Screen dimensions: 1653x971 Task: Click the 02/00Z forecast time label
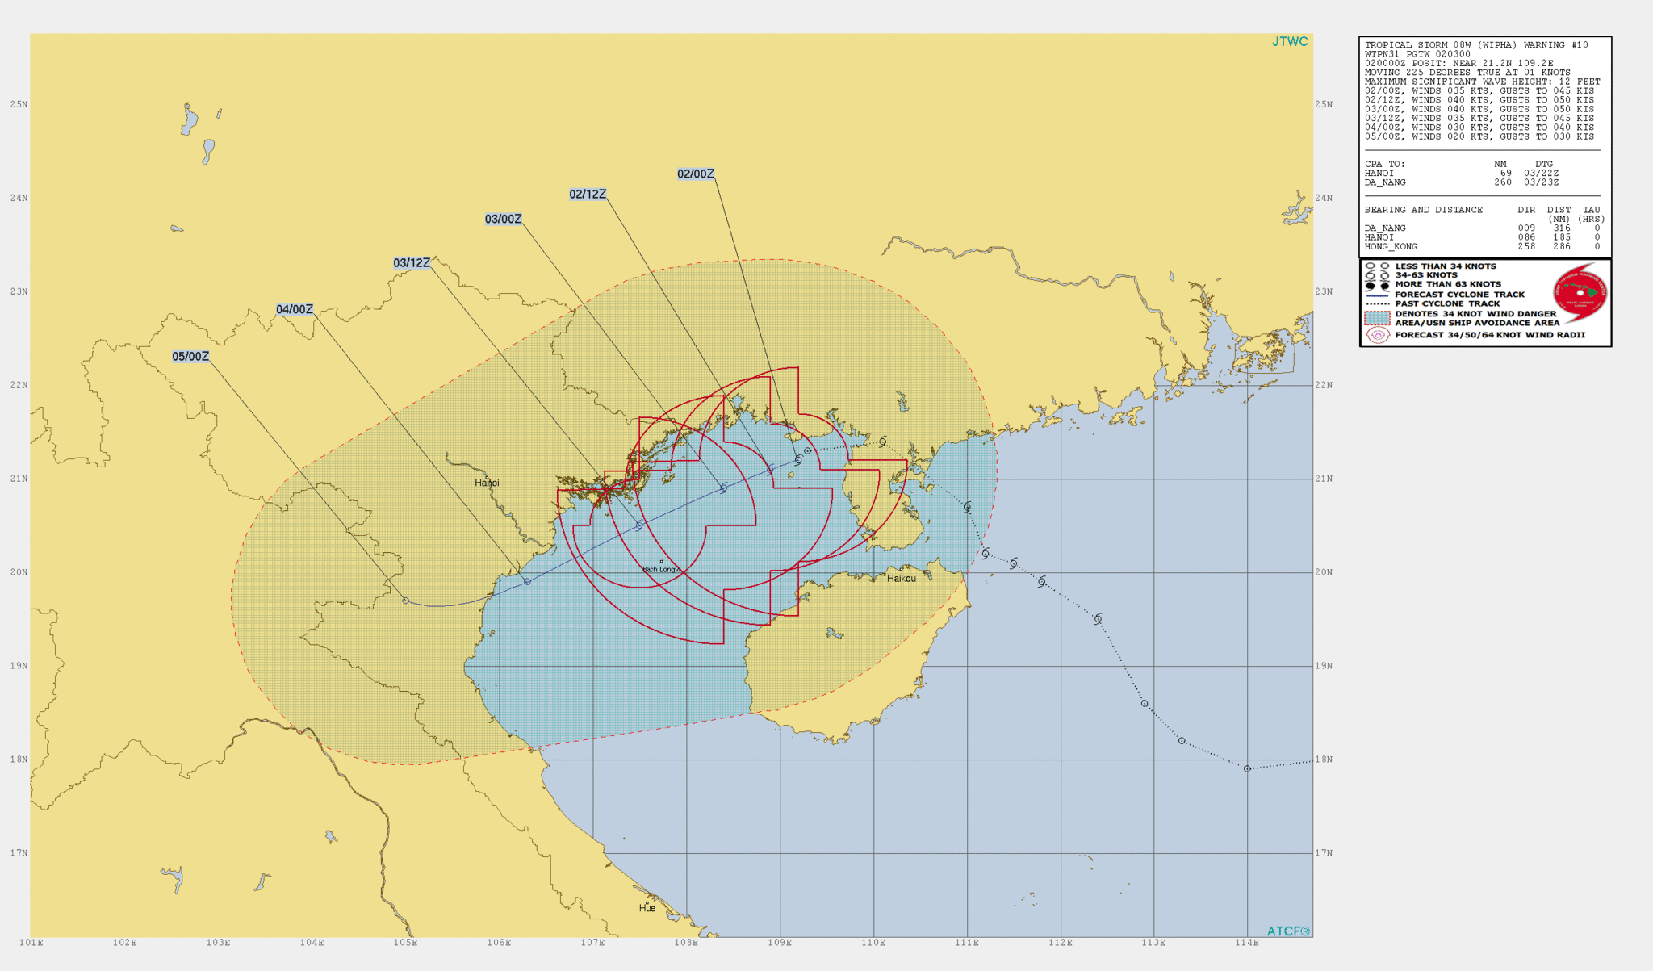[695, 174]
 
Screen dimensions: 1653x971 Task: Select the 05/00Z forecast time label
[190, 357]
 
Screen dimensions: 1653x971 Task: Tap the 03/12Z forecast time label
[412, 263]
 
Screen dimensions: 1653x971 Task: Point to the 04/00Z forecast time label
[295, 310]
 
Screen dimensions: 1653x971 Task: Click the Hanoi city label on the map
[487, 483]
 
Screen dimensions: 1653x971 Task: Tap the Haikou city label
[901, 578]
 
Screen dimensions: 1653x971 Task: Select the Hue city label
[647, 908]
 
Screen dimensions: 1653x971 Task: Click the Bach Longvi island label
[661, 570]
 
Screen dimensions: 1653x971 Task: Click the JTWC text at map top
[1289, 42]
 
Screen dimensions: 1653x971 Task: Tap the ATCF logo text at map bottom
[1288, 931]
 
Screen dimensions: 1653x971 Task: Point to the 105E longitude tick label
[405, 943]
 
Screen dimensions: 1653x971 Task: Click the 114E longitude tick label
[1247, 943]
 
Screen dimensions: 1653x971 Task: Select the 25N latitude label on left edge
[19, 104]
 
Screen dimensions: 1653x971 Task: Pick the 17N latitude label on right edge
[1324, 853]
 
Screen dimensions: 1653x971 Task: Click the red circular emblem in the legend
[1580, 293]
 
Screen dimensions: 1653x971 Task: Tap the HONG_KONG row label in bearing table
[1391, 247]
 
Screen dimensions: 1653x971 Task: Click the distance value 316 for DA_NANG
[1561, 228]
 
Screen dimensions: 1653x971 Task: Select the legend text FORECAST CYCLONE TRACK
[1459, 295]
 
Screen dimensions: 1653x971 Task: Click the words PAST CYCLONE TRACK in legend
[1447, 304]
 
